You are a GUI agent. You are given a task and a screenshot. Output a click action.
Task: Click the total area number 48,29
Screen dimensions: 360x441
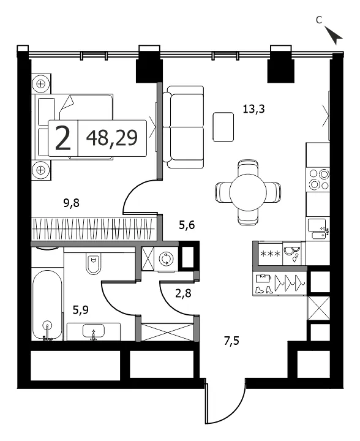(112, 138)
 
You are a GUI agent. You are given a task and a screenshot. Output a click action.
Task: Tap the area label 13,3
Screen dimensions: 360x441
(253, 108)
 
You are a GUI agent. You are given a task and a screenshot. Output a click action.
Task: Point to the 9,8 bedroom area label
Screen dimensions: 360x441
(72, 203)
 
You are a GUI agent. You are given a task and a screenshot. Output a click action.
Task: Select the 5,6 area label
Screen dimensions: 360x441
(187, 225)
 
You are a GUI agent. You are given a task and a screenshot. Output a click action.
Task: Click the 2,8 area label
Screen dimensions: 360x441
(183, 293)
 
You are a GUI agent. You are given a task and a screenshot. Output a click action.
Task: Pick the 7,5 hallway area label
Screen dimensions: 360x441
(231, 341)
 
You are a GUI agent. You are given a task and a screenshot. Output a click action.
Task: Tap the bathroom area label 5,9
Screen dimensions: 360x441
(81, 310)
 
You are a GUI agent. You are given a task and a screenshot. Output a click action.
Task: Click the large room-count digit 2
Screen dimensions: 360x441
(62, 138)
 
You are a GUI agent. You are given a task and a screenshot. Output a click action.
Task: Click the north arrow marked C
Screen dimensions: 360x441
(333, 34)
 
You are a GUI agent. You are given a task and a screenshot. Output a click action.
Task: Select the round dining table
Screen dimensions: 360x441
(248, 192)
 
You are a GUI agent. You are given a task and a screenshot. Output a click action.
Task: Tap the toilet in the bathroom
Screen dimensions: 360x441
(93, 264)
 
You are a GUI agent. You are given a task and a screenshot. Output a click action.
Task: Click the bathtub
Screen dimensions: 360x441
(47, 304)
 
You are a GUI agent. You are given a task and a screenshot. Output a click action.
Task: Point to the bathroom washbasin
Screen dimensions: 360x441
(94, 331)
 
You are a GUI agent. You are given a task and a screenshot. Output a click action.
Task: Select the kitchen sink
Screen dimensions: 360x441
(319, 229)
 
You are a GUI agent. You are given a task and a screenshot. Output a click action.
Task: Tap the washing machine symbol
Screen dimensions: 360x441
(166, 258)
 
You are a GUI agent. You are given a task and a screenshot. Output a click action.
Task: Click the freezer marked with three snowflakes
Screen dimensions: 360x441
(270, 254)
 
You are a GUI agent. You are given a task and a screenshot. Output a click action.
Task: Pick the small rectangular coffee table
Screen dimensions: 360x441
(223, 127)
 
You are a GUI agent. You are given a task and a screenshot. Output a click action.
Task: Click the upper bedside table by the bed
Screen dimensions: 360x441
(41, 84)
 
